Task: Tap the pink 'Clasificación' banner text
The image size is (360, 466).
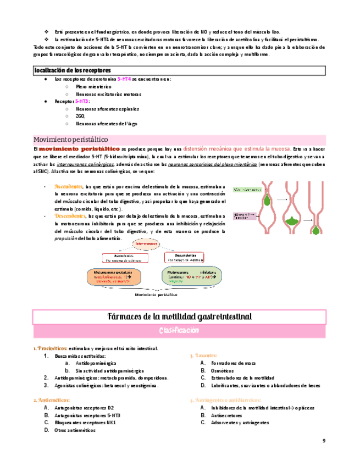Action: (179, 331)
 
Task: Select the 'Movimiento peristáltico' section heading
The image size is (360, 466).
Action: (71, 139)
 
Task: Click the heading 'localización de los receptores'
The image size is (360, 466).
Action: (73, 70)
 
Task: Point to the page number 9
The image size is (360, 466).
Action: (324, 441)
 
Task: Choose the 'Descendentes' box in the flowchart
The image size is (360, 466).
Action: (184, 257)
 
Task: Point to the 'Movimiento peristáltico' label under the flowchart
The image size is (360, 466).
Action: (159, 295)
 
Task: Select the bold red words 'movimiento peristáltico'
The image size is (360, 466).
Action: (79, 149)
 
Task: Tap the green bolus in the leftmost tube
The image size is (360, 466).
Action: (267, 197)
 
